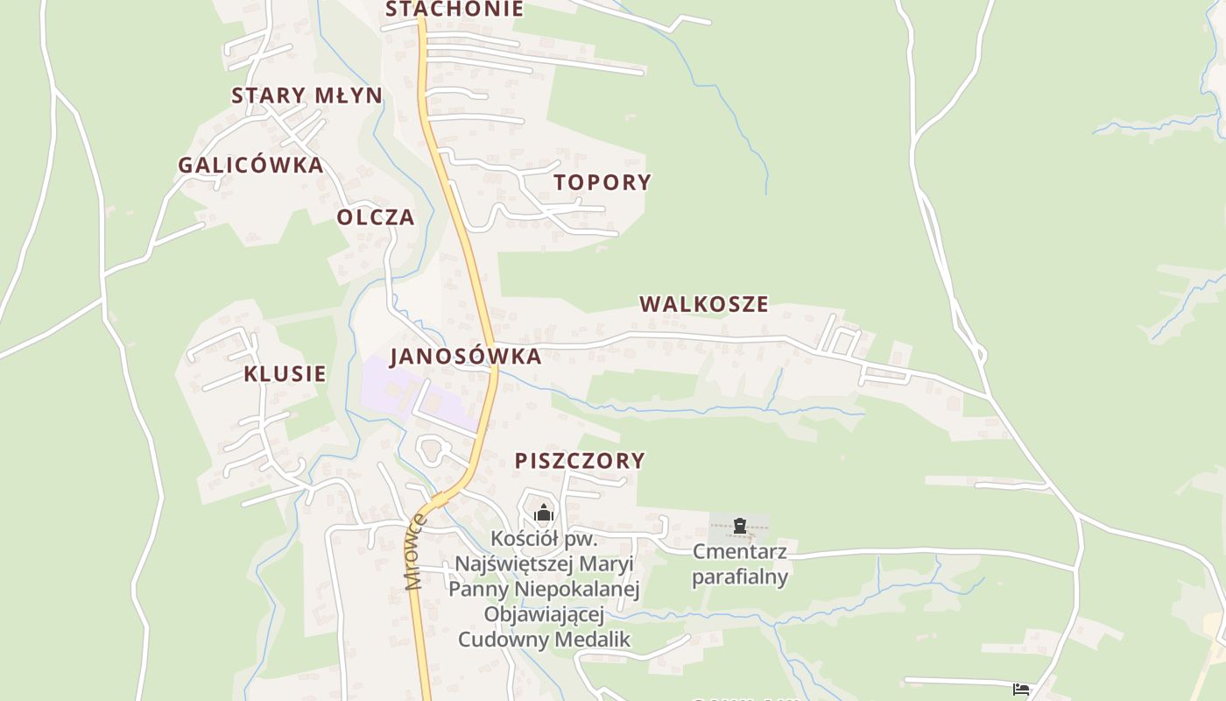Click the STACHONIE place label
454,9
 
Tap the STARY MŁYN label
306,96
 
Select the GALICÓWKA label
250,165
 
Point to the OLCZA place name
376,217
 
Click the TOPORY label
602,182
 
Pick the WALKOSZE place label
703,304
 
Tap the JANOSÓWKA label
465,357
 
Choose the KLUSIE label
285,374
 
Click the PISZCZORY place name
579,461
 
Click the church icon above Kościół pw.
544,513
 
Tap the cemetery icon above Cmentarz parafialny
740,526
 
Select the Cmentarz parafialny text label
740,564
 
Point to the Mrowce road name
414,552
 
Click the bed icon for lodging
1020,690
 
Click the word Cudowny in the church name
501,639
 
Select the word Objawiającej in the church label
544,613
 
